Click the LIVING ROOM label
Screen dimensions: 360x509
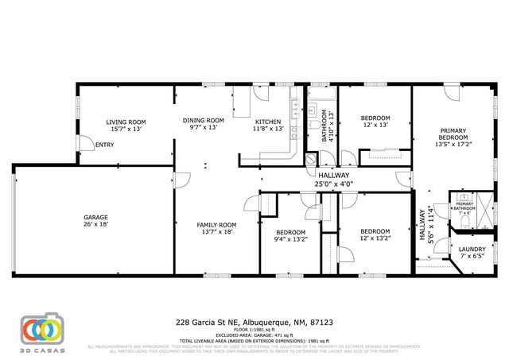tap(125, 122)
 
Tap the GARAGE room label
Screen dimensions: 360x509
tap(96, 217)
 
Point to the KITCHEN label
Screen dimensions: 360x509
tap(267, 120)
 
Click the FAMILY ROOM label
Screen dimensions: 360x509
tap(217, 225)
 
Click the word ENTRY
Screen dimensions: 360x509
tap(105, 145)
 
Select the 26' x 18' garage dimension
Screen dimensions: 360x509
tap(96, 225)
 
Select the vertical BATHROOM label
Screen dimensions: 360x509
tap(324, 125)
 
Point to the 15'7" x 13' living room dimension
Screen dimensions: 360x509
tap(125, 129)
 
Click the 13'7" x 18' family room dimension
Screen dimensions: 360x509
tap(217, 232)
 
